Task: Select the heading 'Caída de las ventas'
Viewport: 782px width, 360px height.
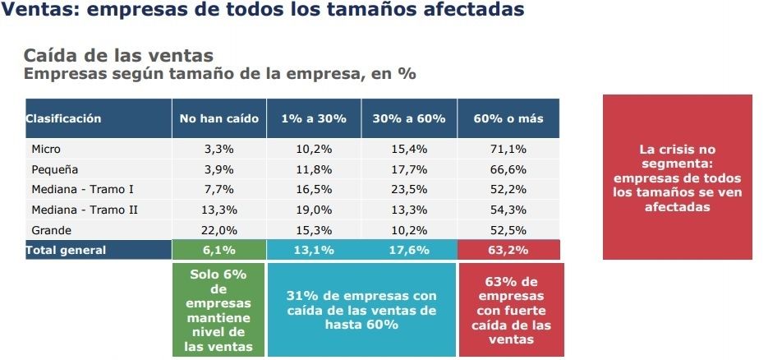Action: click(118, 56)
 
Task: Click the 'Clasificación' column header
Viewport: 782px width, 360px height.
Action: click(64, 118)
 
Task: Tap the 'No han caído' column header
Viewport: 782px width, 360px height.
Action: click(219, 118)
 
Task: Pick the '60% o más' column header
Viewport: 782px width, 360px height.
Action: click(508, 118)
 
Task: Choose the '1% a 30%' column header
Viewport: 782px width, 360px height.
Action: click(314, 118)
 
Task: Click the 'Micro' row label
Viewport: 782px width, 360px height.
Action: click(46, 150)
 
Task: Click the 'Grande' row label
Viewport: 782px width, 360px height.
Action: click(51, 229)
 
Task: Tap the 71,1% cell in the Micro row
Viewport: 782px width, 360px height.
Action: click(508, 150)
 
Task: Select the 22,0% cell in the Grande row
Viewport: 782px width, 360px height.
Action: click(219, 229)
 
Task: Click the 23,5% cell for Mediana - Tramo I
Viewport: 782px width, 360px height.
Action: click(408, 189)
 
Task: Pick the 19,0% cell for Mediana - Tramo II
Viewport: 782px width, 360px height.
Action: click(314, 210)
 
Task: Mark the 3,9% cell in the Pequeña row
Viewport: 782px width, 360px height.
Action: click(219, 169)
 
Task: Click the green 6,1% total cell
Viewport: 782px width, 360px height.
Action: click(219, 250)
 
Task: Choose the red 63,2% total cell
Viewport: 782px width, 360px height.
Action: click(508, 250)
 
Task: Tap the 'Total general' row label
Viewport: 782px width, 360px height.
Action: click(66, 250)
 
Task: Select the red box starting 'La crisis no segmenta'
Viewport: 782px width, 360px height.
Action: click(677, 178)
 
